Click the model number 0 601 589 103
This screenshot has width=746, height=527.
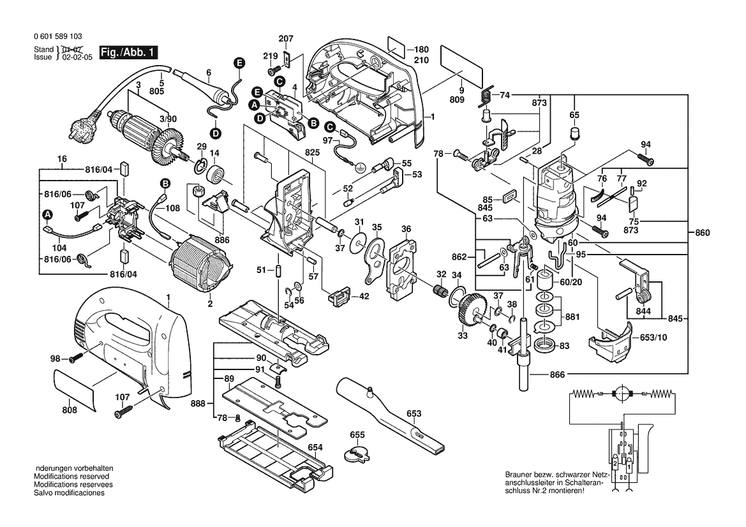pos(57,38)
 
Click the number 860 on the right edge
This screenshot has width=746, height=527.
pos(702,233)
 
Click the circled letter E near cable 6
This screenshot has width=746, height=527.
pos(239,63)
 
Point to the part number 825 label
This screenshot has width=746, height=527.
pos(312,152)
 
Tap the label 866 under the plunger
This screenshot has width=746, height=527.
pos(557,375)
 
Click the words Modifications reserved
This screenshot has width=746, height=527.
pos(71,477)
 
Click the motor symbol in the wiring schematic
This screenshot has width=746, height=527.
pos(620,394)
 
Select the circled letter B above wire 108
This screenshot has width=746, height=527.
pos(165,184)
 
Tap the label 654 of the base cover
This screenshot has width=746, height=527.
pos(315,447)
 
